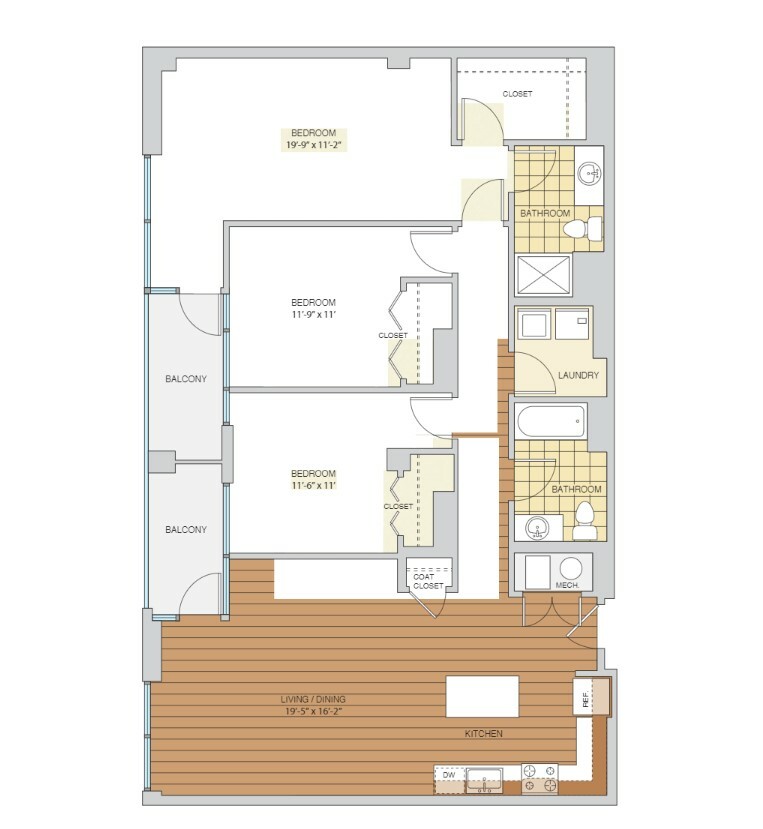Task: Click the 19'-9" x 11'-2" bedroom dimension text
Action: (313, 145)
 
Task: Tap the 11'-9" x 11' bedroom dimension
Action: (314, 314)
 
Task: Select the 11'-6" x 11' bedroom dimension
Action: (314, 485)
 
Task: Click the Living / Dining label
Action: (313, 699)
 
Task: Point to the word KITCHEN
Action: (483, 733)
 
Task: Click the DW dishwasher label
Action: (449, 775)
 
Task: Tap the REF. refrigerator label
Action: (585, 699)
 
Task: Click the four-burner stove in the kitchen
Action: (539, 779)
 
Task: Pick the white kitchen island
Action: (482, 696)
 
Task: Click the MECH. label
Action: (567, 585)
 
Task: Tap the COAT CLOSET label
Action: (428, 581)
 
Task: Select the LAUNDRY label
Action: (578, 375)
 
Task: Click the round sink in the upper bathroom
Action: (590, 173)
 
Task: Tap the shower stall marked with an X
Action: (544, 275)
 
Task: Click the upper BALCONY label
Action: (186, 379)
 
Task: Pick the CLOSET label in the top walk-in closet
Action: (517, 94)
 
